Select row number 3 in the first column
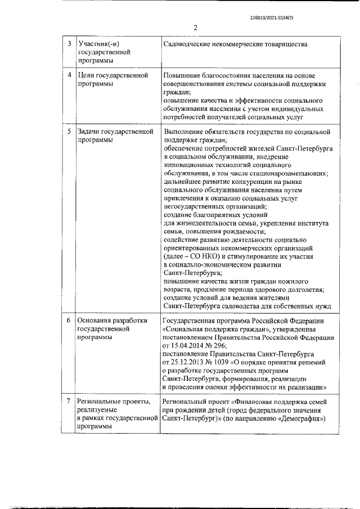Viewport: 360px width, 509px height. point(69,44)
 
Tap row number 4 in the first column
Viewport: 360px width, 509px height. point(69,75)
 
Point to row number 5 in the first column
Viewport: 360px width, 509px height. point(69,132)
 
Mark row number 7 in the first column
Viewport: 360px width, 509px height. point(69,402)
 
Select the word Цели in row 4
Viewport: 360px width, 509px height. point(86,75)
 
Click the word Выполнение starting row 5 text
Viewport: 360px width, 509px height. point(185,132)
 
